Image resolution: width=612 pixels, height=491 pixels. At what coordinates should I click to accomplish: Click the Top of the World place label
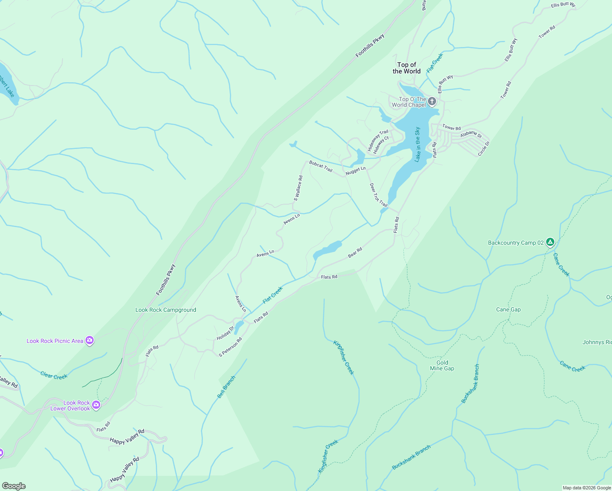coord(407,68)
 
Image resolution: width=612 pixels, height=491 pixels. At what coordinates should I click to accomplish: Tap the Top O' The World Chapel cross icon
coord(432,101)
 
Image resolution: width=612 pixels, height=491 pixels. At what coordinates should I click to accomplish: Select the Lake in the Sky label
coord(418,144)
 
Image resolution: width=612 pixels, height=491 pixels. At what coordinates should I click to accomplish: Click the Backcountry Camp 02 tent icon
coord(551,242)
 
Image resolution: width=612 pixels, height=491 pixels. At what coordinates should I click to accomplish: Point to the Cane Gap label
coord(508,310)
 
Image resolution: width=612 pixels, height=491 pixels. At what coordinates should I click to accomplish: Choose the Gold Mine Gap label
coord(442,365)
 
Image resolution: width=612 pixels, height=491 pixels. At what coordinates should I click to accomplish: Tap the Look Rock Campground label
coord(166,310)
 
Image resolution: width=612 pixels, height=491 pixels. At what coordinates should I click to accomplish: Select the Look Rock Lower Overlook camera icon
coord(96,405)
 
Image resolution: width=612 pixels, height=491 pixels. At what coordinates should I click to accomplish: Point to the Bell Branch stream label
coord(226,387)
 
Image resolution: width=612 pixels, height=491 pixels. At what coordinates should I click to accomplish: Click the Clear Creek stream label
coord(54,375)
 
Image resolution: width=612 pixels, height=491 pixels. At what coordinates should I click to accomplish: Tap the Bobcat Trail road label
coord(321,166)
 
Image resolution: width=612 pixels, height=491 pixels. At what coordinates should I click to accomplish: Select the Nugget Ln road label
coord(355,171)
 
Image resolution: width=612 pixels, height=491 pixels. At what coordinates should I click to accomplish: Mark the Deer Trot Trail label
coord(378,195)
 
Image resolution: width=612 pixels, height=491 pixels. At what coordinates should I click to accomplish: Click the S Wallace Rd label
coord(298,188)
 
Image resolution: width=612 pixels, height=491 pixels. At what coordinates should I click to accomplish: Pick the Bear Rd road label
coord(355,253)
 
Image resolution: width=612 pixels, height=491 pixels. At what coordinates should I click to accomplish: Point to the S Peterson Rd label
coord(230,347)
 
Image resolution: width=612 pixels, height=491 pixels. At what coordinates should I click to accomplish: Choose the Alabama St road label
coord(471,134)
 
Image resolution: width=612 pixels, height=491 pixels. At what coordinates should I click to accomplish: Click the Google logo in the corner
coord(13,486)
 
